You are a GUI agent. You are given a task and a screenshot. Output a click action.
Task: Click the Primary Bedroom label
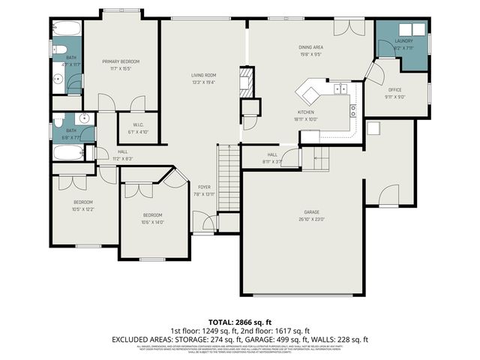pyautogui.click(x=120, y=61)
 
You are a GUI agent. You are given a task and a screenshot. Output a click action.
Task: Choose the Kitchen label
pyautogui.click(x=306, y=111)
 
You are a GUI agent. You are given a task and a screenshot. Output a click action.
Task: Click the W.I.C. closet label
pyautogui.click(x=138, y=124)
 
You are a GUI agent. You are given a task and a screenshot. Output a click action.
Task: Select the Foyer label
pyautogui.click(x=204, y=187)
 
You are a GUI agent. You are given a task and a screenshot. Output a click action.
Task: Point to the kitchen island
pyautogui.click(x=310, y=93)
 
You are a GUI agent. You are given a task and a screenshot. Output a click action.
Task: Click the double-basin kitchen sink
pyautogui.click(x=340, y=88)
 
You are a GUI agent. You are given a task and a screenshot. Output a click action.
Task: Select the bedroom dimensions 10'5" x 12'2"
pyautogui.click(x=82, y=209)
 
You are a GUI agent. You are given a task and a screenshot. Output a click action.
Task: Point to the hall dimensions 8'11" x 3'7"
pyautogui.click(x=272, y=160)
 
